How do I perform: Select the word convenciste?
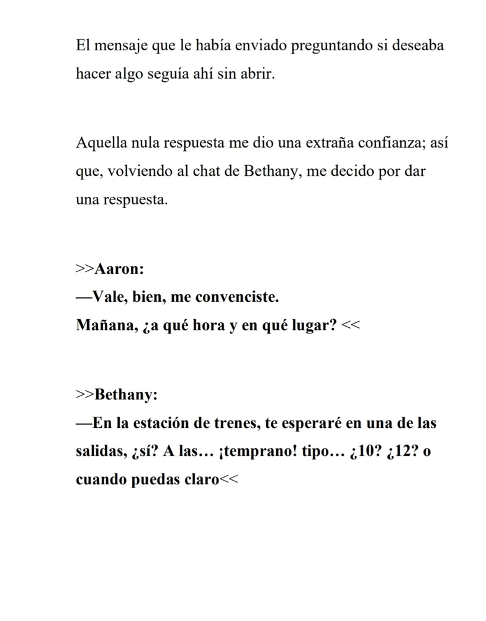[236, 297]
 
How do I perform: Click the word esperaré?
[312, 424]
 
